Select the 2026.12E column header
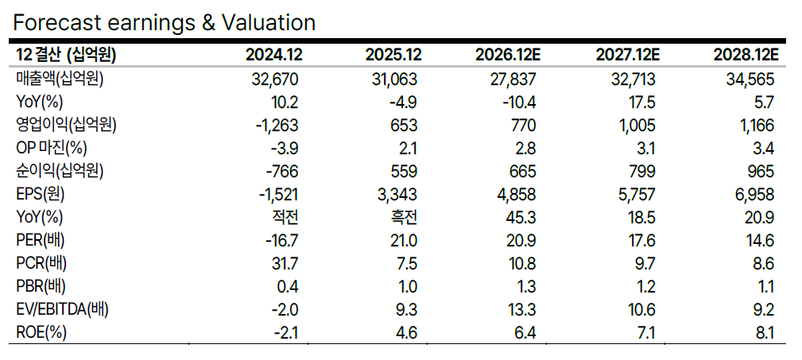[508, 55]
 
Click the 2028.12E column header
[746, 55]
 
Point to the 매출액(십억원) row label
[60, 79]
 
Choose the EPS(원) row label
[41, 195]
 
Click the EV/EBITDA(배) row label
[62, 309]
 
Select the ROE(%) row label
[41, 333]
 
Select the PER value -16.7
[280, 240]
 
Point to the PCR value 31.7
[285, 263]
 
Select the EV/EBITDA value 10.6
[641, 309]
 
